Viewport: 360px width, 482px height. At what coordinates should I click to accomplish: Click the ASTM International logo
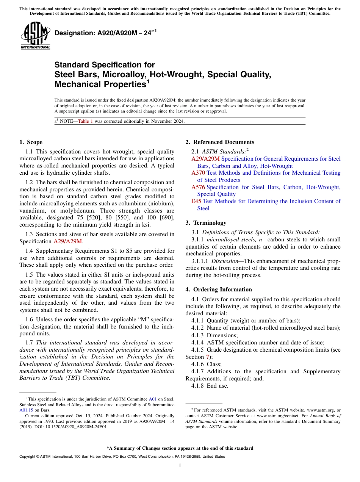tap(35, 36)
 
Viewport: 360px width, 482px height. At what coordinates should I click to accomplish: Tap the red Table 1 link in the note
tap(85, 121)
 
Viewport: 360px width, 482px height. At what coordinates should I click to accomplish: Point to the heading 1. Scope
tap(31, 142)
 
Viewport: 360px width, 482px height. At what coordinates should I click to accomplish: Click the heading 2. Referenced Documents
tap(220, 142)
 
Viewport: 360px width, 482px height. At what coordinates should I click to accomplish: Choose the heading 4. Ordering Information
tap(219, 290)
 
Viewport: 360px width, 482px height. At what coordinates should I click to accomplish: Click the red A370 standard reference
tap(198, 173)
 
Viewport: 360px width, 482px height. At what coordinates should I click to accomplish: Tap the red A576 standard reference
tap(198, 187)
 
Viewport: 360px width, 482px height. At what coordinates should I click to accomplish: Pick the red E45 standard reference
tap(196, 201)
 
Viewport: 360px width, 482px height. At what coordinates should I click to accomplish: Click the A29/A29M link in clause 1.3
tap(67, 241)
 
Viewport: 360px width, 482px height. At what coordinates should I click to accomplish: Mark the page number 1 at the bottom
tap(180, 466)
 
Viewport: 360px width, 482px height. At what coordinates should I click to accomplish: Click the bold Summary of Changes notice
tap(180, 448)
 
